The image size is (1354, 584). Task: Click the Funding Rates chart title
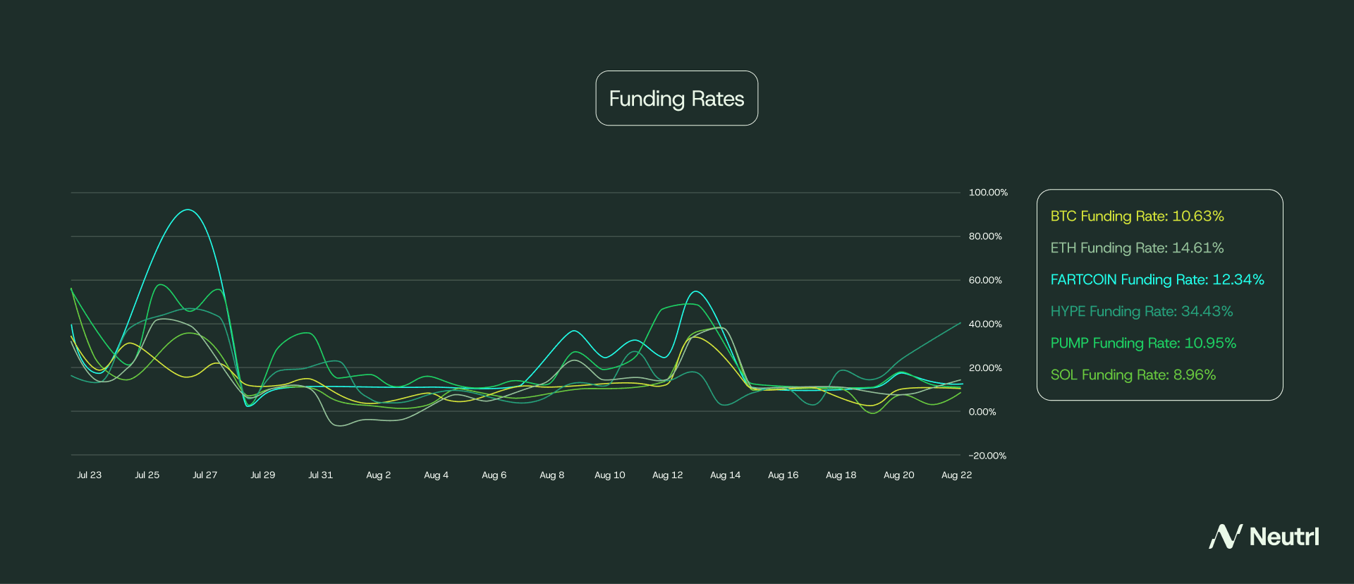(676, 99)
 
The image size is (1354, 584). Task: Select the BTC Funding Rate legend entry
(1137, 217)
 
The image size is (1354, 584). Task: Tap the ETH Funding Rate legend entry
(1137, 248)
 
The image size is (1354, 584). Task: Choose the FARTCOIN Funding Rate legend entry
(1157, 280)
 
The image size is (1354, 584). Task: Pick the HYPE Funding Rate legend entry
(1141, 312)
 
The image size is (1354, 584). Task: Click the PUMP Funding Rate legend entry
(1142, 343)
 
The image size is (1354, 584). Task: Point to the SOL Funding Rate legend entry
(1133, 375)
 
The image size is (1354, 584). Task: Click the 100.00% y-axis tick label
(988, 193)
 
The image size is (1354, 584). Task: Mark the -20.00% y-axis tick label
(987, 456)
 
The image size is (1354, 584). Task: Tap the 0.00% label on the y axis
(982, 412)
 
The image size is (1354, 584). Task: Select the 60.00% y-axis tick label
(985, 281)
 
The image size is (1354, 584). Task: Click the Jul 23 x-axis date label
(89, 475)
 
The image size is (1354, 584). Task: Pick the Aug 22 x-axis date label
(956, 475)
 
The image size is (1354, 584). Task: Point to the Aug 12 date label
(667, 475)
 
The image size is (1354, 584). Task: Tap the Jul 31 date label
(320, 475)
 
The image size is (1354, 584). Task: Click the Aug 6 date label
(494, 475)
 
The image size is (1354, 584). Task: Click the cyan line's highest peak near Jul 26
(187, 209)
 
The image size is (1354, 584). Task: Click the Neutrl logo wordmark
(1283, 537)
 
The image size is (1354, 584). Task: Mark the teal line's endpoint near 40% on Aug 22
(960, 323)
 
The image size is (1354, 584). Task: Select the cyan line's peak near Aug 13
(696, 291)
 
